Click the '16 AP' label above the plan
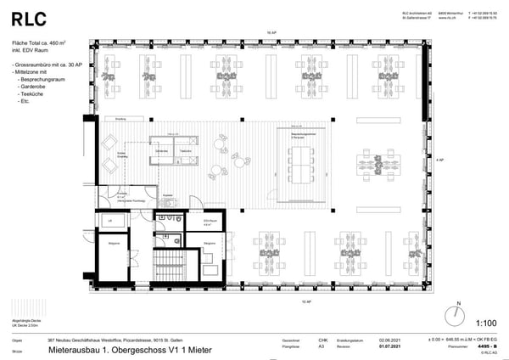tap(272, 31)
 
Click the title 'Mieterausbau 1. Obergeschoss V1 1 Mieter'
tap(126, 349)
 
